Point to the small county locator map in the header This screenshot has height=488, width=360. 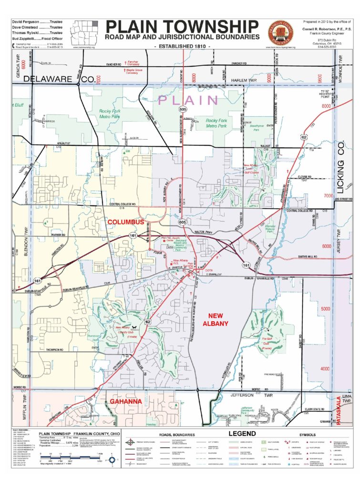pyautogui.click(x=84, y=32)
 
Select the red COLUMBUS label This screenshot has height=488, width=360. pyautogui.click(x=125, y=223)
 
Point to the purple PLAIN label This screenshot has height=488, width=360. pyautogui.click(x=188, y=100)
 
